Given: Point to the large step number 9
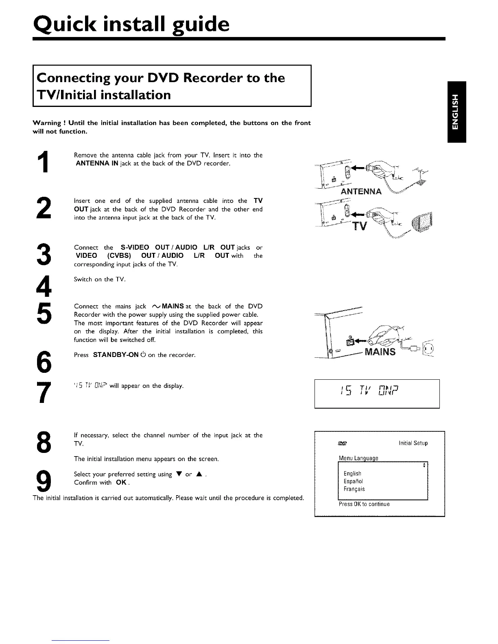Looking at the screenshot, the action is [47, 481].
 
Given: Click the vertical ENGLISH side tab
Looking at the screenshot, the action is [456, 112].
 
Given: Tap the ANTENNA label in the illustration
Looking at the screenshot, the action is [361, 191].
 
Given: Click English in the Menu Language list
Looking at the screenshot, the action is [352, 473].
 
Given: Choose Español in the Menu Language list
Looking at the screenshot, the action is [354, 481].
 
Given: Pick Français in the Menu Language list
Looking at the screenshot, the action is [354, 489].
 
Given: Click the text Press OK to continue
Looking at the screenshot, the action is [364, 504].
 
